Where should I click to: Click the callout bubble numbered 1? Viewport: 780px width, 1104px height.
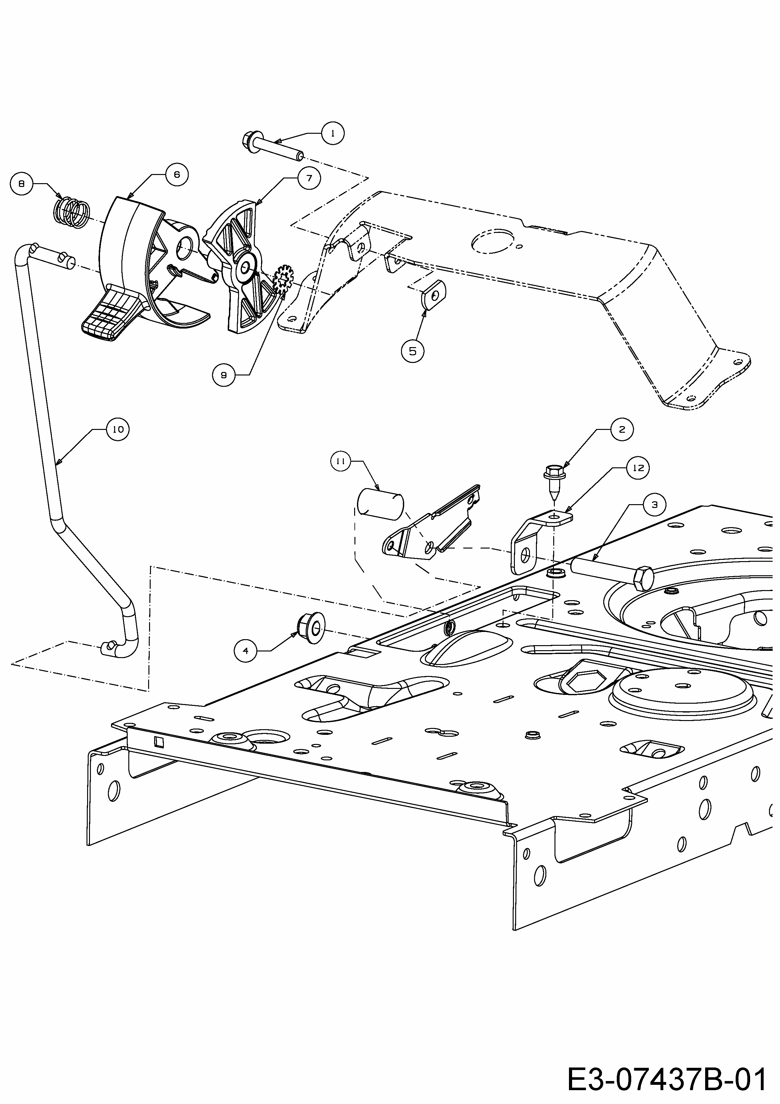click(x=332, y=133)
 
